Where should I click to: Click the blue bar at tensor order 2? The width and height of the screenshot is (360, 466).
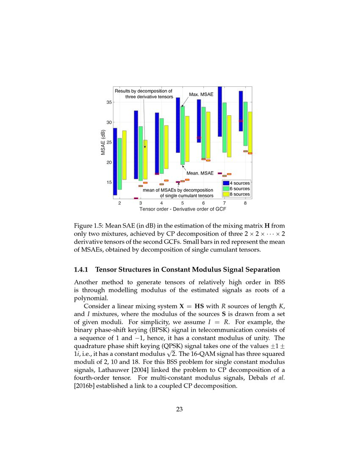point(115,161)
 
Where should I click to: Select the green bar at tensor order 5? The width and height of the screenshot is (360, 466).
point(182,136)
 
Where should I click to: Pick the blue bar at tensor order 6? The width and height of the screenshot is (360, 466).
point(199,121)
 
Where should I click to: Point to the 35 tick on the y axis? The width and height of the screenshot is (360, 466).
point(109,102)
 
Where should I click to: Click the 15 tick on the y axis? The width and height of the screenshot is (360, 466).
point(109,182)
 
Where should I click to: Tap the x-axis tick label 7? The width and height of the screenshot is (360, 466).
point(224,203)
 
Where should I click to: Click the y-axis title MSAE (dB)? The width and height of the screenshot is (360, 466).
point(103,142)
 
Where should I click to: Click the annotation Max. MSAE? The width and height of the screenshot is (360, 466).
point(201,94)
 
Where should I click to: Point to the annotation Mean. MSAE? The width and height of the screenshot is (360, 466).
point(200,173)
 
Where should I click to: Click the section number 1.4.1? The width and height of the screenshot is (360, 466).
point(83,270)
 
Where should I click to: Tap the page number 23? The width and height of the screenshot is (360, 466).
point(180,409)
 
